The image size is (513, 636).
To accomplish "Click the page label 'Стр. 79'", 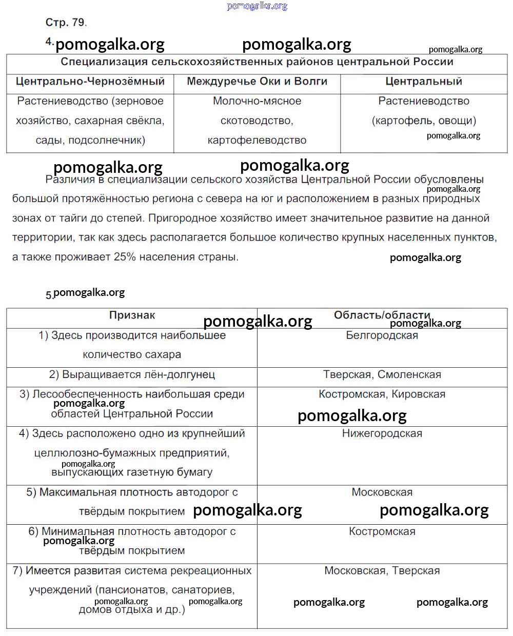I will (x=65, y=23).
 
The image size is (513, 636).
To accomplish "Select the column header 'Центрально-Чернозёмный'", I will (x=90, y=82).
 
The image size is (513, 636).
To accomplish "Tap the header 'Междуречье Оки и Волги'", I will (x=257, y=82).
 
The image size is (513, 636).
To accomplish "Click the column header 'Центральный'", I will (x=424, y=82).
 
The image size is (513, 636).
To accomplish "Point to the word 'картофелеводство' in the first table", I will (x=257, y=141).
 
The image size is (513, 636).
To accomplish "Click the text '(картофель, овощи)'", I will (x=424, y=121).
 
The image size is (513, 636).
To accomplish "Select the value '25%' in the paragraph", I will (x=125, y=257).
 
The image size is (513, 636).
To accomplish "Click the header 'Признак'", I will (x=132, y=315).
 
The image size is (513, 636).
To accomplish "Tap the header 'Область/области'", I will (x=382, y=315).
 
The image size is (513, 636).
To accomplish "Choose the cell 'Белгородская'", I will (x=382, y=335).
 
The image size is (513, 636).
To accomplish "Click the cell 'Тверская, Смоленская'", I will (x=382, y=375).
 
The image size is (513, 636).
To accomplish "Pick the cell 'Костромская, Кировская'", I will (x=382, y=394).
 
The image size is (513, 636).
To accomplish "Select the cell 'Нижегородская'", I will (x=382, y=434).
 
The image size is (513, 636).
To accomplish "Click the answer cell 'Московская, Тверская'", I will (x=382, y=571).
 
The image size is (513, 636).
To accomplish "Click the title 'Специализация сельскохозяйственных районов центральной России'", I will (x=257, y=62).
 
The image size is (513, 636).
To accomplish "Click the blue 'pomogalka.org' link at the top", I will (x=257, y=6).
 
